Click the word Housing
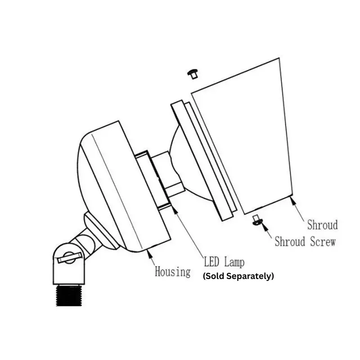[173, 272]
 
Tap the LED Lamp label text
[224, 262]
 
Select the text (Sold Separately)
[238, 276]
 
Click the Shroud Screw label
[305, 242]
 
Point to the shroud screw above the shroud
[193, 74]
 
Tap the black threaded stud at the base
[69, 295]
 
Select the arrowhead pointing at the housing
[149, 253]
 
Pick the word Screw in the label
[323, 242]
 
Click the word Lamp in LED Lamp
[234, 262]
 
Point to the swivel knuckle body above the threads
[69, 264]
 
